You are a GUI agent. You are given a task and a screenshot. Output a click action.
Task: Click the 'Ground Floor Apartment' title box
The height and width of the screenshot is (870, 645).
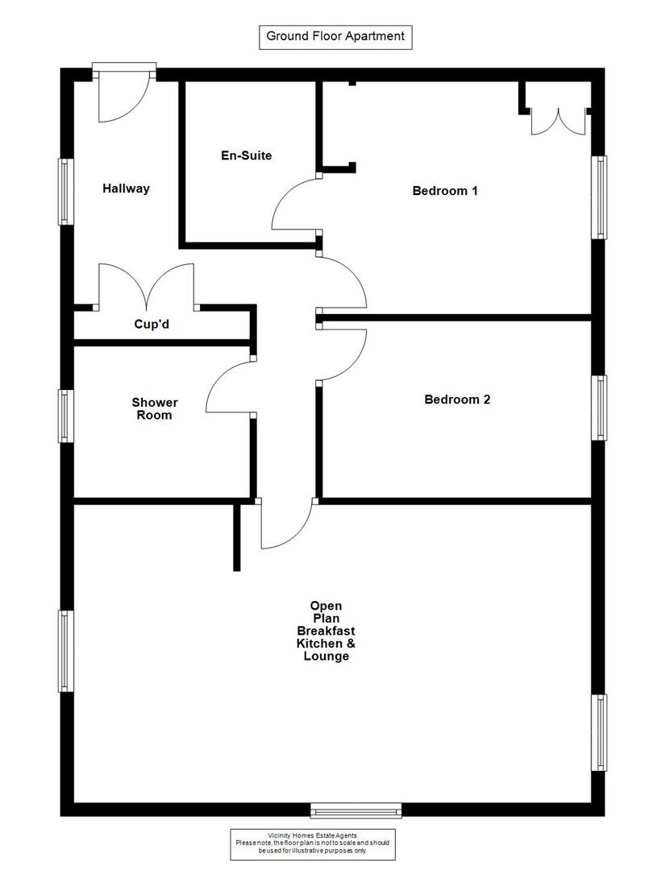(x=335, y=36)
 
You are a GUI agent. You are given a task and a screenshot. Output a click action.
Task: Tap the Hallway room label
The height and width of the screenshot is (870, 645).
(x=126, y=188)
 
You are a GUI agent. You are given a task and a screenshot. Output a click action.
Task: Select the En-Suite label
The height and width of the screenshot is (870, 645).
(x=246, y=155)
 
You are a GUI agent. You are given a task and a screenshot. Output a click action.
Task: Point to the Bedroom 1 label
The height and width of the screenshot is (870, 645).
(x=445, y=191)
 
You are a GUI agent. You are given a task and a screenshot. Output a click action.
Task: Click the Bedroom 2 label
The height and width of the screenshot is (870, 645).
(x=457, y=399)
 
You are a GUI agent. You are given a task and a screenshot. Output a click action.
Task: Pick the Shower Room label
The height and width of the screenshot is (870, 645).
(x=154, y=408)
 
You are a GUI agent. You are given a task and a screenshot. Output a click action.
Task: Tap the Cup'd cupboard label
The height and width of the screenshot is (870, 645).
(x=151, y=325)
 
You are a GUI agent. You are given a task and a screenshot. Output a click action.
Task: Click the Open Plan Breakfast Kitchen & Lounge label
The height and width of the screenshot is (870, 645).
(x=326, y=631)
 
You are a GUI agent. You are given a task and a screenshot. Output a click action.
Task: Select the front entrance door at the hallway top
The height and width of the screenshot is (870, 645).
(x=123, y=95)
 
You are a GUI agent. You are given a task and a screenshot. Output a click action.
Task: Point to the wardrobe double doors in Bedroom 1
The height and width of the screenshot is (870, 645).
(x=557, y=118)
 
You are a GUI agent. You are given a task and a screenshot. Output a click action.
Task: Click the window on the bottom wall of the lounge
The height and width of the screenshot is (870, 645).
(x=356, y=809)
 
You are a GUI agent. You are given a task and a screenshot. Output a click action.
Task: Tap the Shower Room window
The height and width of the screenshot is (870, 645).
(x=65, y=416)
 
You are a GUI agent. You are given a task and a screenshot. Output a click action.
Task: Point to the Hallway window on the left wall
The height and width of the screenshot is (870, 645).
(x=65, y=191)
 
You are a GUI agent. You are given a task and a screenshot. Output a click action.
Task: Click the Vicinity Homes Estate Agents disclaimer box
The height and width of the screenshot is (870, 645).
(x=312, y=842)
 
